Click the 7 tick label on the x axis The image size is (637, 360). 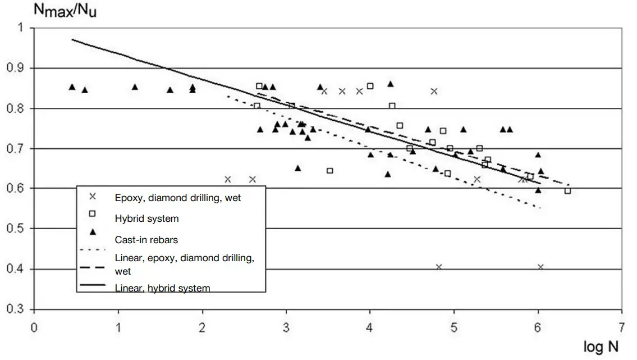point(621,327)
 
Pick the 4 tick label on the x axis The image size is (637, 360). point(369,327)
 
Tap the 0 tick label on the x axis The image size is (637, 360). point(34,327)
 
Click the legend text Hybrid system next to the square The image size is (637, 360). point(146,218)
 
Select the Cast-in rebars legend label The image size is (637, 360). point(146,240)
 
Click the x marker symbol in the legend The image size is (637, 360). point(93,197)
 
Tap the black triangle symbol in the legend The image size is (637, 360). point(93,231)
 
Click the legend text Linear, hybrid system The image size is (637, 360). point(162,288)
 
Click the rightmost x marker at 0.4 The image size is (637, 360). point(540,267)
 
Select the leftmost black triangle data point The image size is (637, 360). point(72,86)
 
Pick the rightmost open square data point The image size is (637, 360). point(567,191)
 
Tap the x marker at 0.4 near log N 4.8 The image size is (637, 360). point(439,267)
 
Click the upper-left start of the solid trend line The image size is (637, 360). point(72,39)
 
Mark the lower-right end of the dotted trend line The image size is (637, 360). point(540,208)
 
